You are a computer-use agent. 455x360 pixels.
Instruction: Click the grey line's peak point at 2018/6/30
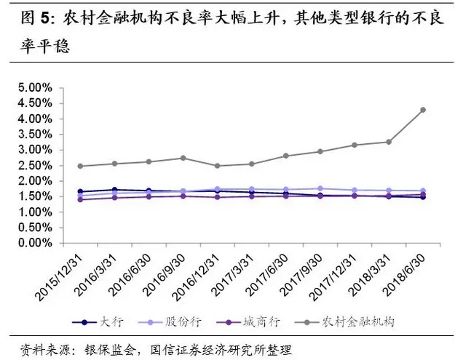[423, 110]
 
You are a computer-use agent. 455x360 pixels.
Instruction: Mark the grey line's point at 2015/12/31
[80, 166]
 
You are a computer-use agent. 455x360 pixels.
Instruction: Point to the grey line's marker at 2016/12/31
[217, 166]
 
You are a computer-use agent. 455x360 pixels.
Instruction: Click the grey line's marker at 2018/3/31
[389, 142]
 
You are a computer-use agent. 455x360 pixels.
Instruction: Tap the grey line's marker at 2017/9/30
[320, 151]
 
